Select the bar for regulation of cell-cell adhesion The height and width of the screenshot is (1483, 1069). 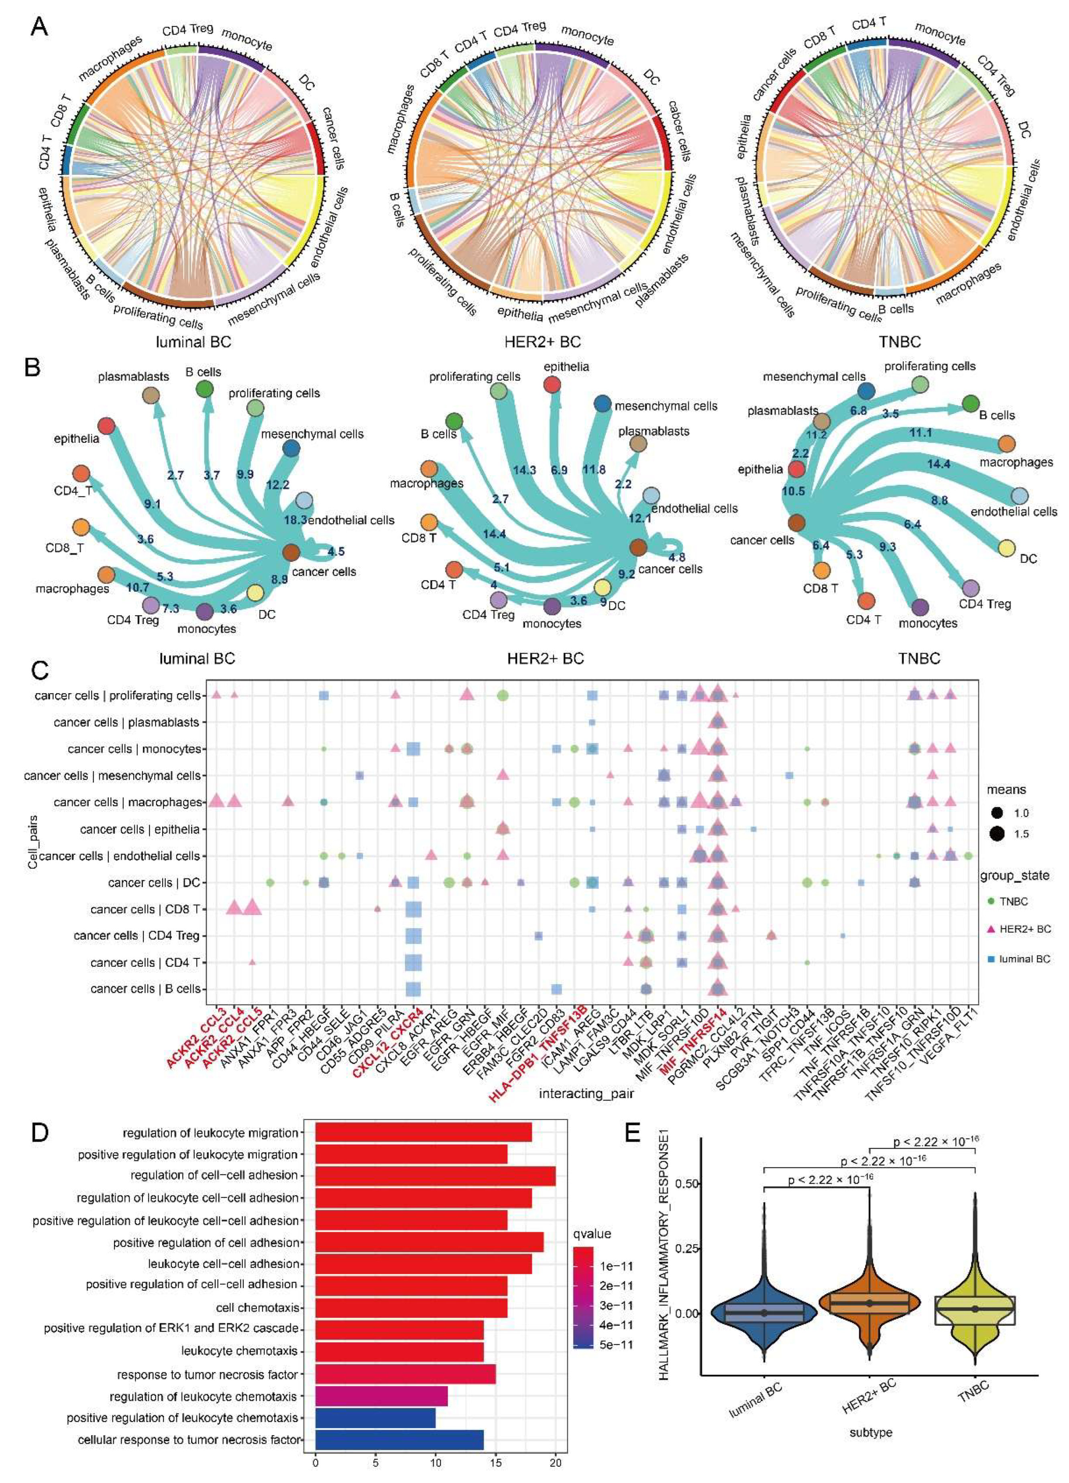[x=435, y=1176]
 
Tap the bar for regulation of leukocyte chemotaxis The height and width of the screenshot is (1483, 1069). [x=381, y=1397]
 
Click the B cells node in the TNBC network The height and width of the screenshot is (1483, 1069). [x=970, y=403]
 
